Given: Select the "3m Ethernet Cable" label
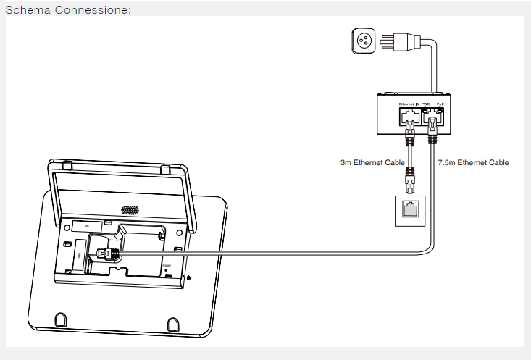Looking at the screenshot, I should point(372,163).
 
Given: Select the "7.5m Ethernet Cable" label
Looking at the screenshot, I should point(474,163).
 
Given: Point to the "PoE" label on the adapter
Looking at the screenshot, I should point(440,105).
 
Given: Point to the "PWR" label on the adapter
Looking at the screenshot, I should point(426,105).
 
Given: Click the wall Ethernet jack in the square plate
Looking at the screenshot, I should point(411,210).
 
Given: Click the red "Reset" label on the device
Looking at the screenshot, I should point(167,266).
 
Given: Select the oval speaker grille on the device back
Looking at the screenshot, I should point(130,211).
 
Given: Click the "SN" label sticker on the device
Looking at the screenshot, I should point(88,227).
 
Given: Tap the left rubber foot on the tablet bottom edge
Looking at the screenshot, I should point(61,318).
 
